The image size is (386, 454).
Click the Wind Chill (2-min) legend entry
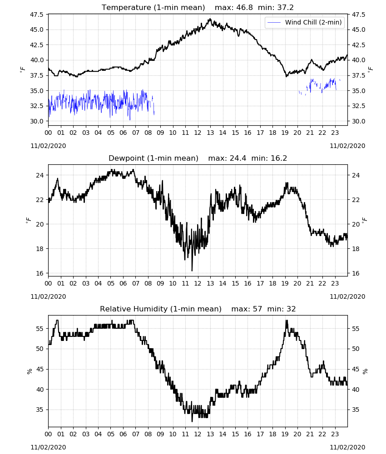pyautogui.click(x=305, y=22)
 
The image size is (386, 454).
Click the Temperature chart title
pyautogui.click(x=153, y=7)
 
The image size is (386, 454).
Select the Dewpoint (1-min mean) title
pyautogui.click(x=153, y=158)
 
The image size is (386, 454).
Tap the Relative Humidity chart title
pyautogui.click(x=161, y=309)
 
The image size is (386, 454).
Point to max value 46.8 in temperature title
pyautogui.click(x=245, y=7)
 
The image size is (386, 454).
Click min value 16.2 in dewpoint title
pyautogui.click(x=279, y=158)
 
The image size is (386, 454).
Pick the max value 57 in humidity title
pyautogui.click(x=257, y=309)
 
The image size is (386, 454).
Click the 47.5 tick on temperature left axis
pyautogui.click(x=36, y=15)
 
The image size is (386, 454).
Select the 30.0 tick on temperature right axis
pyautogui.click(x=358, y=121)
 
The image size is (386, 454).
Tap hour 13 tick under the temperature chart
pyautogui.click(x=210, y=133)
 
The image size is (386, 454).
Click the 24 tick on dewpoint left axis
pyautogui.click(x=40, y=175)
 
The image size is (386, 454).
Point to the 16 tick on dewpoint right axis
pyautogui.click(x=356, y=273)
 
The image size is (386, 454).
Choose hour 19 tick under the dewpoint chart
pyautogui.click(x=285, y=283)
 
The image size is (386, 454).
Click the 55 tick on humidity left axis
pyautogui.click(x=40, y=329)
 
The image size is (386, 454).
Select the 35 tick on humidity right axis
pyautogui.click(x=356, y=410)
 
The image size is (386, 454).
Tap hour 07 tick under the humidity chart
pyautogui.click(x=135, y=434)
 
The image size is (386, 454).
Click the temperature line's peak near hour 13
pyautogui.click(x=210, y=19)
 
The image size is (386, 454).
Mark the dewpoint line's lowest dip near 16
pyautogui.click(x=192, y=271)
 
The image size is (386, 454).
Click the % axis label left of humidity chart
pyautogui.click(x=29, y=371)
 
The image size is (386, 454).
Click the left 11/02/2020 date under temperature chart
pyautogui.click(x=48, y=146)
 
